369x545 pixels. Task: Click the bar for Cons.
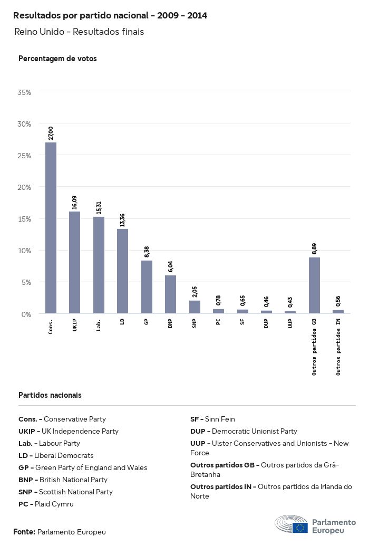tap(51, 228)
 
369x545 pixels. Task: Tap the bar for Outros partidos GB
tap(314, 285)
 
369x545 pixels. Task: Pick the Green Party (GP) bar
tap(147, 287)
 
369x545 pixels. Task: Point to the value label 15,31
tap(99, 207)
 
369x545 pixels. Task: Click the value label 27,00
tap(51, 133)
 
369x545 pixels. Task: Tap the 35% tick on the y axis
tap(24, 92)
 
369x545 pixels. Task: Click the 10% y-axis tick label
tap(24, 251)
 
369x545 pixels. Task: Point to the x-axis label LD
tap(123, 321)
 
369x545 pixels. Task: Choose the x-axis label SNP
tap(195, 323)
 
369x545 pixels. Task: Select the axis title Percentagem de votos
tap(57, 59)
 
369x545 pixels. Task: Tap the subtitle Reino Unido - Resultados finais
tap(79, 32)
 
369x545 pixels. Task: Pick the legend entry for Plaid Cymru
tap(46, 504)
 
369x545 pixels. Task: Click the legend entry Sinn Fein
tap(212, 419)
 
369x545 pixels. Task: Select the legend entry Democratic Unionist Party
tap(244, 431)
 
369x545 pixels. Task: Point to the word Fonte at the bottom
tap(24, 532)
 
